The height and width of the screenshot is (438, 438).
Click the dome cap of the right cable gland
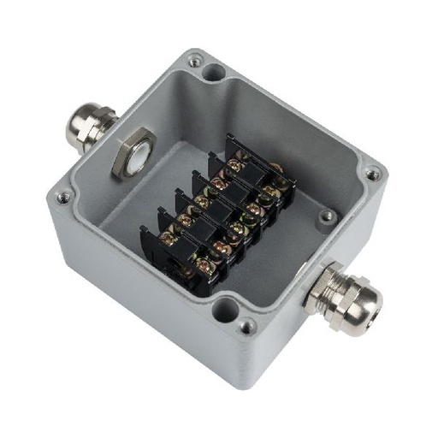pyautogui.click(x=358, y=299)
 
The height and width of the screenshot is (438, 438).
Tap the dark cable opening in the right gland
pyautogui.click(x=370, y=306)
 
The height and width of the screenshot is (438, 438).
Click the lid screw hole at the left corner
pyautogui.click(x=62, y=197)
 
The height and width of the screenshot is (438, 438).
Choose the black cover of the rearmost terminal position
pyautogui.click(x=257, y=171)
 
